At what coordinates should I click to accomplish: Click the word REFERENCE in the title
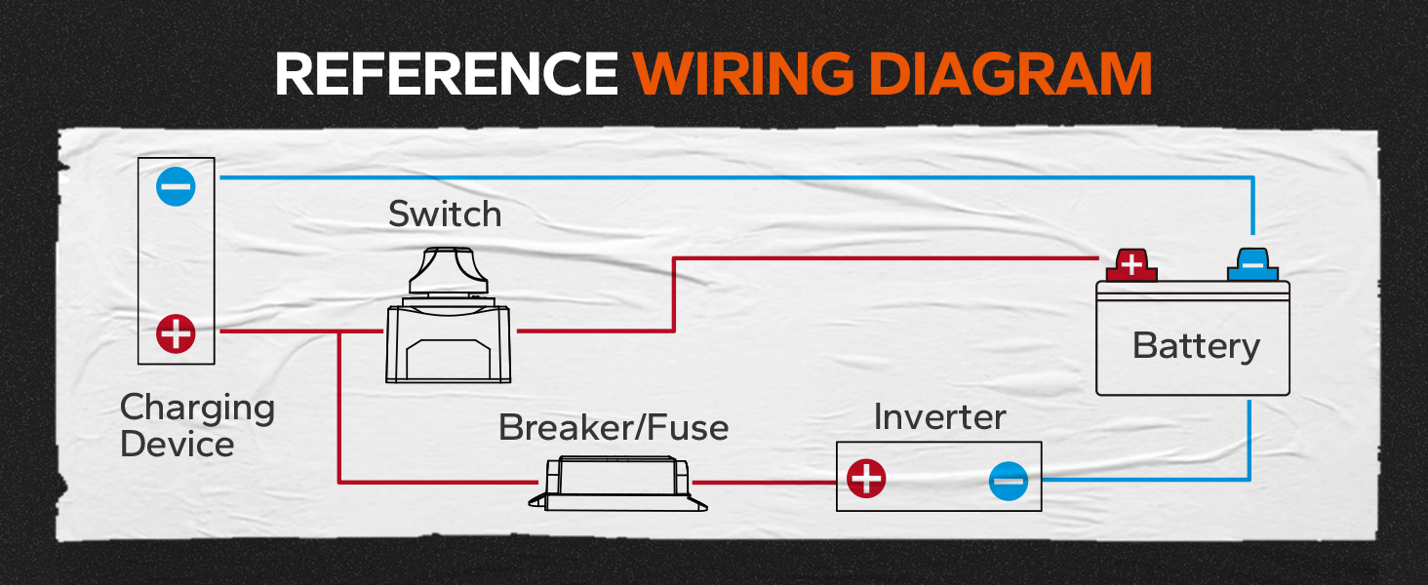447,73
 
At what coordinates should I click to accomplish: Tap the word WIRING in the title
743,73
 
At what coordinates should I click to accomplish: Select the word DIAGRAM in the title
1011,73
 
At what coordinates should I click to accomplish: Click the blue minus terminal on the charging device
176,186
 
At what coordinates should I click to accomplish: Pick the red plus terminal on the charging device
176,333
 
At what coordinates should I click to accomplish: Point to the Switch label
445,214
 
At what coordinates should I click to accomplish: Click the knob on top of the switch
449,270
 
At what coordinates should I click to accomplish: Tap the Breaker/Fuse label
614,427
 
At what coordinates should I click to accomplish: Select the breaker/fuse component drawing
617,483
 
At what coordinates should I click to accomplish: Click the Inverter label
939,417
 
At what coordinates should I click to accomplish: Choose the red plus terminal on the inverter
866,478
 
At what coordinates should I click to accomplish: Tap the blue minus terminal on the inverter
1009,481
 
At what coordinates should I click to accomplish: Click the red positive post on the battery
1131,265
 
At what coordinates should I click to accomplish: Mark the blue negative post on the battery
1252,265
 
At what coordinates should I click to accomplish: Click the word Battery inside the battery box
1196,347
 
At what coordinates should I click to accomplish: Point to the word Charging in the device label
198,409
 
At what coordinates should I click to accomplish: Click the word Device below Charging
178,445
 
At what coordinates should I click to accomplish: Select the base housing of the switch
448,344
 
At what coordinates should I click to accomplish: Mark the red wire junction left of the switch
339,331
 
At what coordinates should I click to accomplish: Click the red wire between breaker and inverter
765,483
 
